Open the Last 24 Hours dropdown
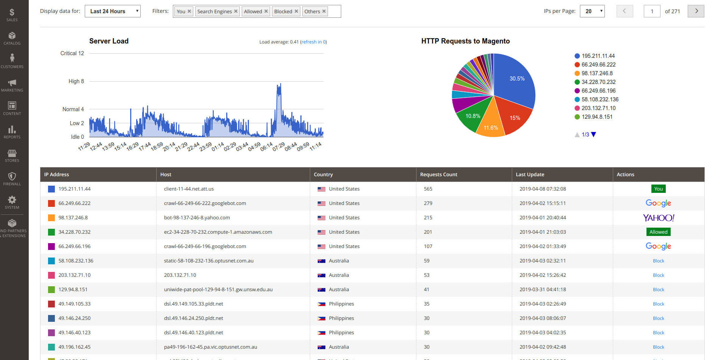click(112, 11)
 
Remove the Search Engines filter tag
click(236, 11)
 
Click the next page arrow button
click(696, 11)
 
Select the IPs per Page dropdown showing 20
click(592, 11)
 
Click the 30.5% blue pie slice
click(514, 79)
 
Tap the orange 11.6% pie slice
click(491, 125)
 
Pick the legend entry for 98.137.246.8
click(597, 73)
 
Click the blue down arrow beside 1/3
click(594, 135)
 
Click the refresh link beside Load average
click(313, 42)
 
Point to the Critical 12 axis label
click(72, 53)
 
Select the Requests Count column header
click(438, 174)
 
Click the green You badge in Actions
click(658, 189)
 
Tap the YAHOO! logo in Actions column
click(658, 218)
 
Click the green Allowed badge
click(658, 232)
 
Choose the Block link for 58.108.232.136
click(658, 261)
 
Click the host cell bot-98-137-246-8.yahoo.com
click(197, 218)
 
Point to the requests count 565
click(428, 189)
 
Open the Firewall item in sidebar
click(12, 179)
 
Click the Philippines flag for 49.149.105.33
click(321, 304)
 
